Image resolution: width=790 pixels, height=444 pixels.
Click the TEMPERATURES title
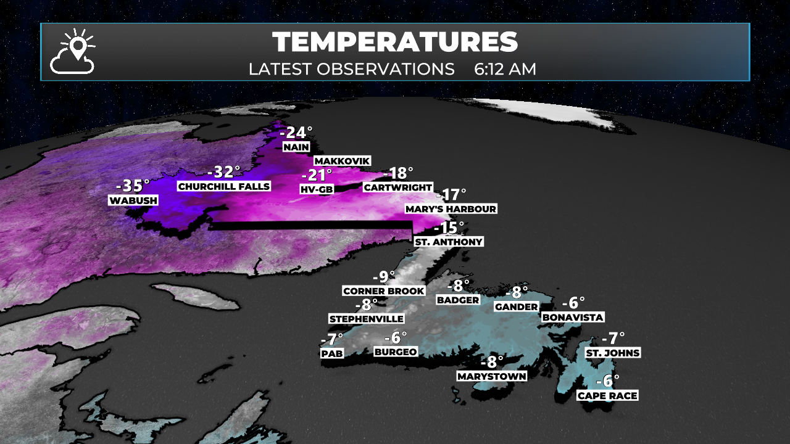coord(395,42)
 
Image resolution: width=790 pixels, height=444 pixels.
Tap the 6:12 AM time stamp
coord(505,69)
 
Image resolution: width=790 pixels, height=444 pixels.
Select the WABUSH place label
coord(133,200)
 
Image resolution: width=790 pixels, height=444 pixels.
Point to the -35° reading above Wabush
coord(133,186)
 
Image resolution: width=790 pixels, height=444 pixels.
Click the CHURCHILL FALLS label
coord(223,186)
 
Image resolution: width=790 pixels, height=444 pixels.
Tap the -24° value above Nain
coord(296,133)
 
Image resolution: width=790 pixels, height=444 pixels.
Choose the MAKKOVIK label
coord(342,161)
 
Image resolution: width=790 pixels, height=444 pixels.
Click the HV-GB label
coord(317,189)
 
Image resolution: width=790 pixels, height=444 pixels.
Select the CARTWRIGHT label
coord(398,187)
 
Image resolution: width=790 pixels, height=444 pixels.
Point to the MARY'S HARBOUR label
coord(451,209)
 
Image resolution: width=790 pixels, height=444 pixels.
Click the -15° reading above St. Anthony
coord(449,228)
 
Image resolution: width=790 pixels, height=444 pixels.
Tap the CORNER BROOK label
coord(384,291)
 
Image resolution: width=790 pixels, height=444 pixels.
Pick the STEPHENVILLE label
coord(367,319)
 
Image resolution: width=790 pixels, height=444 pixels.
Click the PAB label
coord(332,354)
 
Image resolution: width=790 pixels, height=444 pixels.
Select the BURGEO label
coord(396,351)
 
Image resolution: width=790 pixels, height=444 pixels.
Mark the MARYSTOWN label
coord(492,376)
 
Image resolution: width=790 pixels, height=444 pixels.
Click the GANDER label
coord(516,307)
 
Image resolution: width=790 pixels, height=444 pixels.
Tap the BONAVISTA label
coord(572,317)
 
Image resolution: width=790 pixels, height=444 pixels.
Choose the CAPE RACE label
coord(607,396)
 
